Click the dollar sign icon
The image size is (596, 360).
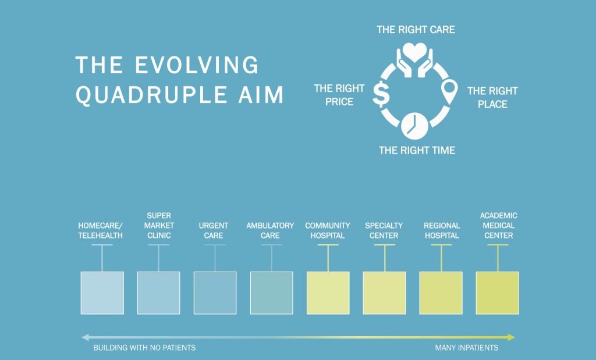381,95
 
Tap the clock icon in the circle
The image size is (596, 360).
414,124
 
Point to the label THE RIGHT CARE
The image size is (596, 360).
415,30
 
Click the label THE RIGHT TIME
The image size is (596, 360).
417,151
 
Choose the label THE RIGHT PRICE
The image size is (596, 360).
339,95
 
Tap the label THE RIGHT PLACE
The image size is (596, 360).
492,98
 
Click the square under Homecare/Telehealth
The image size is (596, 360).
102,293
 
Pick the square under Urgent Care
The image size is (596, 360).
215,293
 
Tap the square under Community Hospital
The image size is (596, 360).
328,293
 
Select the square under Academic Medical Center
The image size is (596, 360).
497,293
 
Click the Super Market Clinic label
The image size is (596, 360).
158,226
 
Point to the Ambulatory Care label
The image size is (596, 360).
270,230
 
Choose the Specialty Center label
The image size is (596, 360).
384,230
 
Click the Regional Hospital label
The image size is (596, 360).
441,230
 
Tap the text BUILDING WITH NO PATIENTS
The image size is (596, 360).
144,348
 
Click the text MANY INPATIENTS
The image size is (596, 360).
466,348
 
